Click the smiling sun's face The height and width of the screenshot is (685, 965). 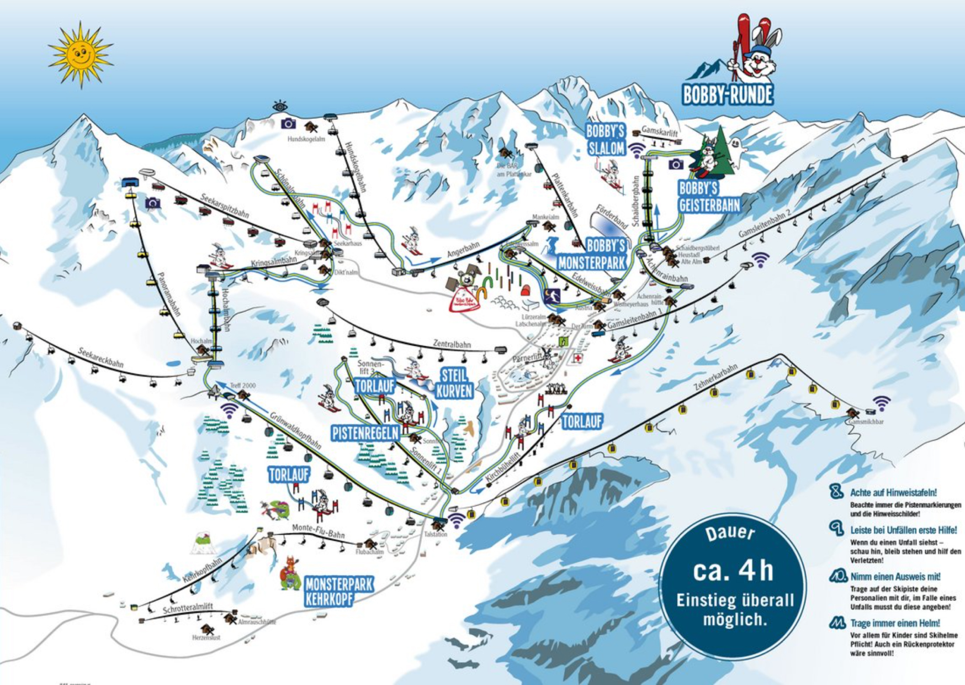pos(80,55)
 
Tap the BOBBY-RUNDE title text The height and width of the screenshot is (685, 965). pos(728,95)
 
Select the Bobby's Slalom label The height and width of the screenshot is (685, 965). pos(606,140)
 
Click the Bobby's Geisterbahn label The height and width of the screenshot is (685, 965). pos(709,197)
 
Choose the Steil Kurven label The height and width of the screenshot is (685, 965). pos(454,383)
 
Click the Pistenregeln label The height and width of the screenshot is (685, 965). pos(365,433)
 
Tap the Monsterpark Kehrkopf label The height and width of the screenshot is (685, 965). pos(339,591)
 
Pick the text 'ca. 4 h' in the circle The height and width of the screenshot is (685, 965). pos(733,571)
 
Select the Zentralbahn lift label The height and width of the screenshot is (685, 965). pos(452,344)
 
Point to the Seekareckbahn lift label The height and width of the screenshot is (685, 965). pos(100,357)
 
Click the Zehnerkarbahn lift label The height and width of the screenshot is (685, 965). pos(715,377)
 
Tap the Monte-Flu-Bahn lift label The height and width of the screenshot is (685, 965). pos(318,531)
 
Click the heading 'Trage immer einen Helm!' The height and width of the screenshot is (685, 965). pos(895,623)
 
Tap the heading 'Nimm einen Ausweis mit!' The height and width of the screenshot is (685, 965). pos(895,577)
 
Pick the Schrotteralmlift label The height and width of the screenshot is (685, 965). pos(188,608)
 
